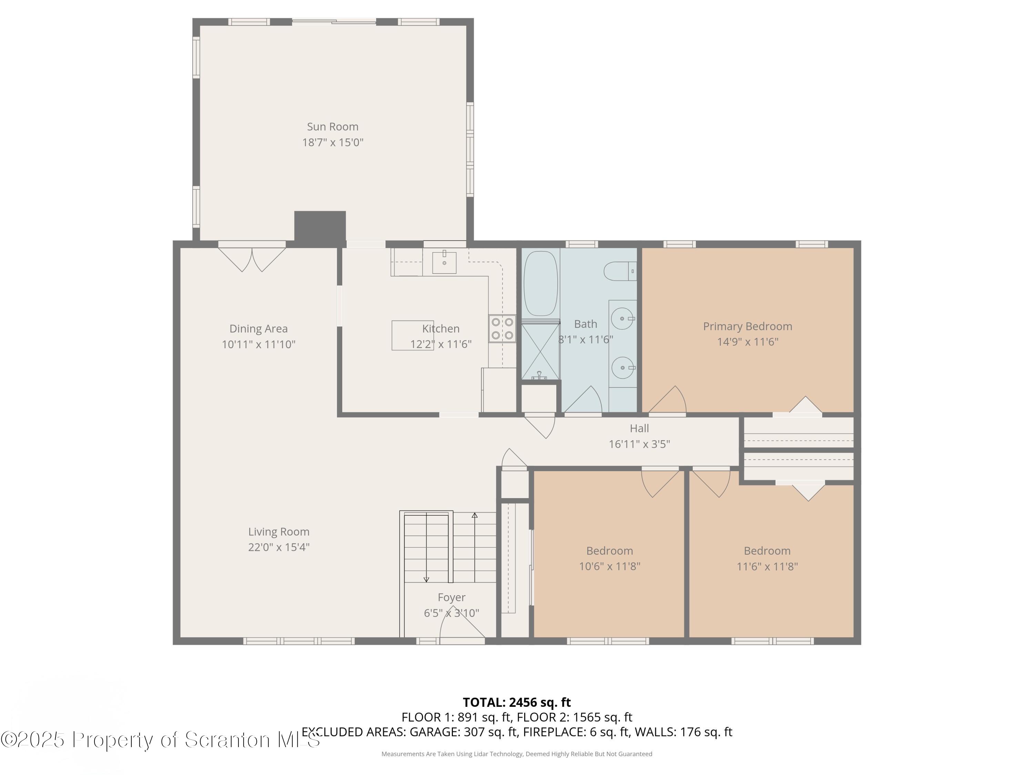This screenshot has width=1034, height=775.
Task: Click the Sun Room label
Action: pos(332,127)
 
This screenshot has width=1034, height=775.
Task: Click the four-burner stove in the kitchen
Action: pos(503,328)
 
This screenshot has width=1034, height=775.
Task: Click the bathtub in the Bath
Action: pos(541,283)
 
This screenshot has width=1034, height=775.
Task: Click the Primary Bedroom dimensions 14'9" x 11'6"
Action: pos(748,341)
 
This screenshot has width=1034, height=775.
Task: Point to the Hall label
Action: pos(639,428)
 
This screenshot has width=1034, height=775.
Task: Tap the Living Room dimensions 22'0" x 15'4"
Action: pos(278,547)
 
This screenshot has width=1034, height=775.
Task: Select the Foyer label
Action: pos(451,597)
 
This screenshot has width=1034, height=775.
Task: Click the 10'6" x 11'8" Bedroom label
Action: pos(610,551)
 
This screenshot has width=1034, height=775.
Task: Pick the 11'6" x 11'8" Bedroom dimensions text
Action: pos(767,567)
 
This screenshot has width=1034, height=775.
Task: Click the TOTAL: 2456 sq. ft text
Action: pos(517,702)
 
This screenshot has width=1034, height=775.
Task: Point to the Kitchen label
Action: pos(441,328)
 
